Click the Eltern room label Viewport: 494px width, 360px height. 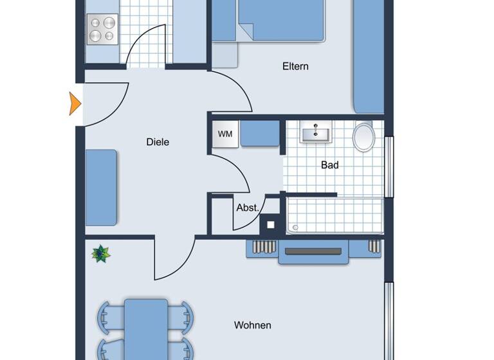tap(295, 66)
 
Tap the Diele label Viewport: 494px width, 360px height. tap(158, 142)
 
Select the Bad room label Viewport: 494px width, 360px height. tap(329, 165)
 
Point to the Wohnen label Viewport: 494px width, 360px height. tap(252, 325)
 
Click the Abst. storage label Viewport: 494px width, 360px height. tap(247, 208)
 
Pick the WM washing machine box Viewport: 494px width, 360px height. tap(225, 134)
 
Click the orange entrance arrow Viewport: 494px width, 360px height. tap(75, 104)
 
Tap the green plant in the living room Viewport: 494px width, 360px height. tap(101, 254)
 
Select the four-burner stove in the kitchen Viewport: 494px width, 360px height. tap(102, 29)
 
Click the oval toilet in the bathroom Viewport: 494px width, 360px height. tap(364, 137)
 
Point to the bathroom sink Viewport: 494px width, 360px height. tap(315, 133)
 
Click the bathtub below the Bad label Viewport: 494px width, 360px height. tap(334, 215)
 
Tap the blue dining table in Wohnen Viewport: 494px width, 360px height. tap(146, 328)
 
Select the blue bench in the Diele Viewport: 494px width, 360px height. tap(101, 187)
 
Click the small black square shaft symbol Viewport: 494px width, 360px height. tap(271, 224)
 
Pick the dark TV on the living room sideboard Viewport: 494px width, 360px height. tap(313, 251)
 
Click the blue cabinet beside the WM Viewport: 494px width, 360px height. tap(260, 134)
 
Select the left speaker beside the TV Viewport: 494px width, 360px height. tap(264, 246)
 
